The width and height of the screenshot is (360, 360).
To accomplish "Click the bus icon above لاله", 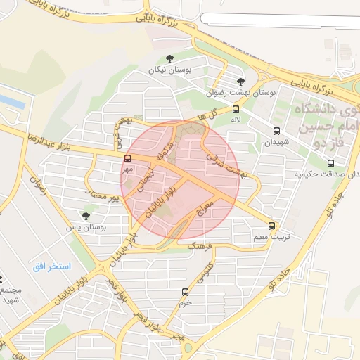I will point(236,109).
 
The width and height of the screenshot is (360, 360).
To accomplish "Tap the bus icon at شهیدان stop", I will point(276,131).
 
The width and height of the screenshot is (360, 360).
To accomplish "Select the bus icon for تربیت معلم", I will point(272,226).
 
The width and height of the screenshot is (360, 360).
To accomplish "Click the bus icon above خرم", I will point(185,292).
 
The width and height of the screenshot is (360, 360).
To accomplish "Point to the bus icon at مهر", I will point(127,158).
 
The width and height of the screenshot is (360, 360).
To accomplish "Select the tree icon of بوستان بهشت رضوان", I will point(241,82).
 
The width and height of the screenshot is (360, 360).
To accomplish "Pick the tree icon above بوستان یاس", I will point(86,216).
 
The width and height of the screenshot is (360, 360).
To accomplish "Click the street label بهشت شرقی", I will point(223,166).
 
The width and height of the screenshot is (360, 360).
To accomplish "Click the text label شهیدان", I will point(276,142).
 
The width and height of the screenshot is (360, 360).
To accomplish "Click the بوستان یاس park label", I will point(86,227).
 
